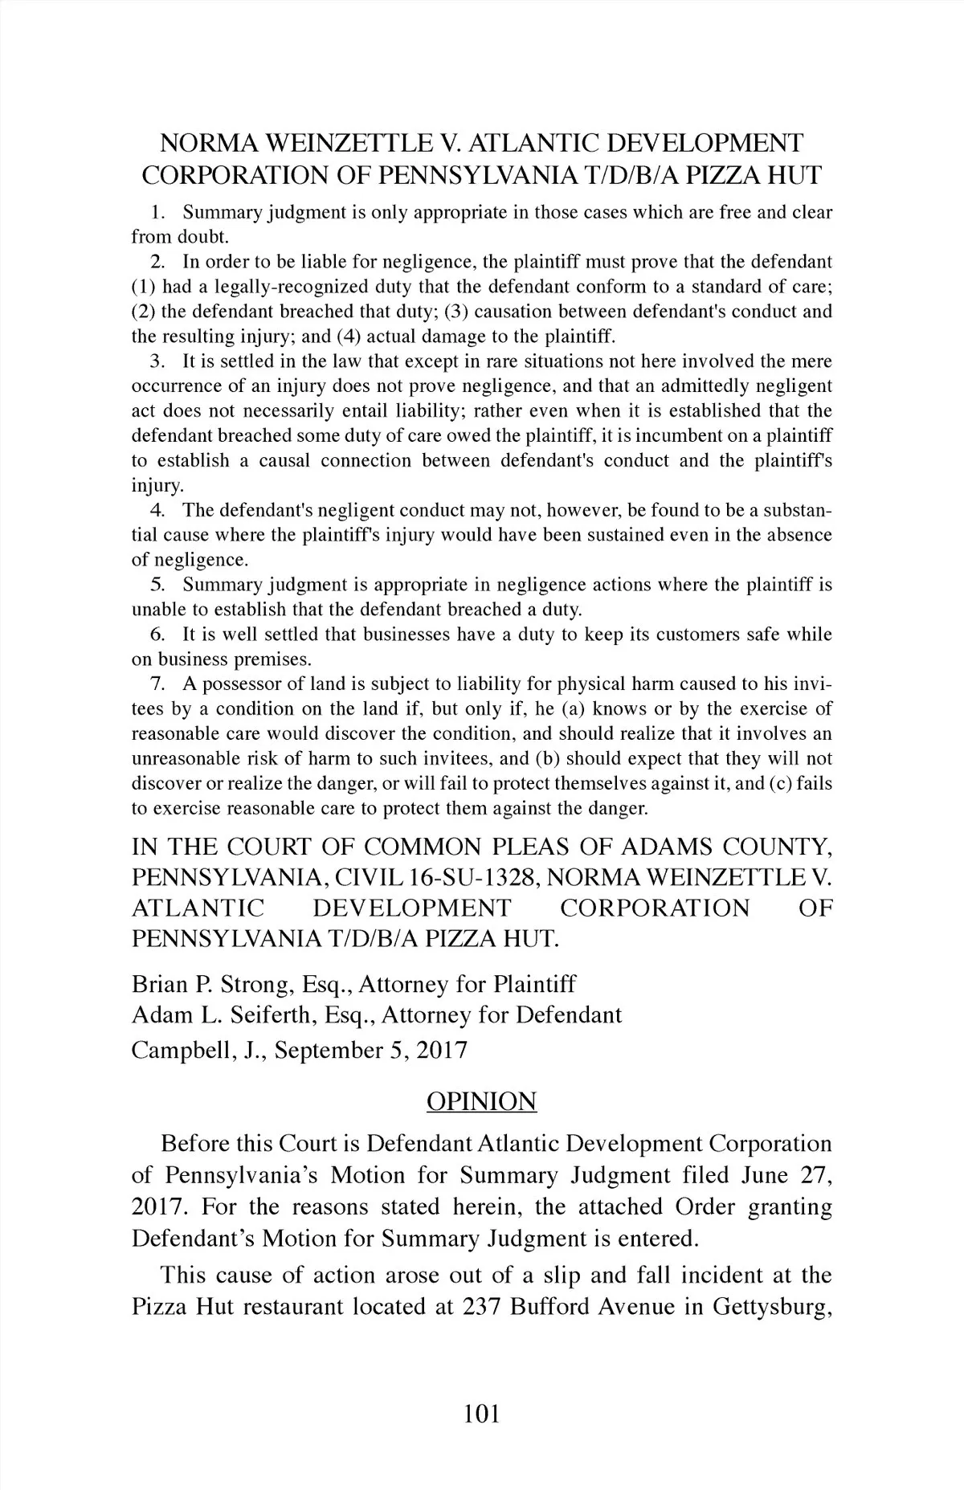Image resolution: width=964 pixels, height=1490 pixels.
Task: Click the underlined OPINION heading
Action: point(481,1100)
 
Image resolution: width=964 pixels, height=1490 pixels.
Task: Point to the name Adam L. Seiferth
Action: point(224,1015)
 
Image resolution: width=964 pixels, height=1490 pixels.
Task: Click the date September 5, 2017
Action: point(371,1051)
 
